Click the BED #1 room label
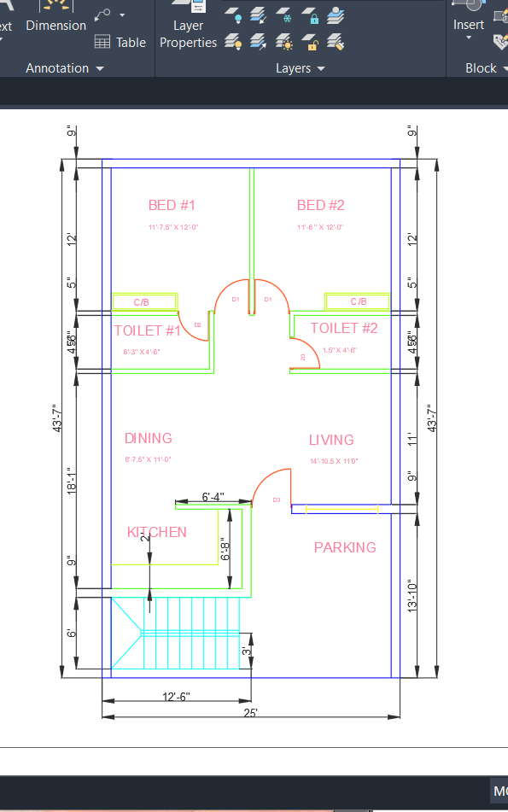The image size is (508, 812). coord(172,205)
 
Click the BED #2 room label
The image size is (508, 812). coord(320,205)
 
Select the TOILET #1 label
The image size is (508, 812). coord(148,330)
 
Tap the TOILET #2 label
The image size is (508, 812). coord(343,328)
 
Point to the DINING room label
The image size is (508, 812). coord(148,438)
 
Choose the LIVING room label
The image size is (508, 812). coord(331,440)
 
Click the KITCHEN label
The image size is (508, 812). coord(156,532)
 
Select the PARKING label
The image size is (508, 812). coord(345,547)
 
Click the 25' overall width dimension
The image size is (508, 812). coord(251,712)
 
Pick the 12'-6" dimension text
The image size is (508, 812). coord(176,697)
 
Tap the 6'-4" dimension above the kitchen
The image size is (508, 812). coord(213,497)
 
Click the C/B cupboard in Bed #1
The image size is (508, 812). coord(144,302)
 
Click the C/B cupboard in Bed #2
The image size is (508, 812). coord(358,302)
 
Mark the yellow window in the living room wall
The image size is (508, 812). coord(342,511)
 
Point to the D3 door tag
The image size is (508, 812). coord(277,499)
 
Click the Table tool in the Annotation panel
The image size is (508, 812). coord(120,42)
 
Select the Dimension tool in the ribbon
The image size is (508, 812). coord(55,17)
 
